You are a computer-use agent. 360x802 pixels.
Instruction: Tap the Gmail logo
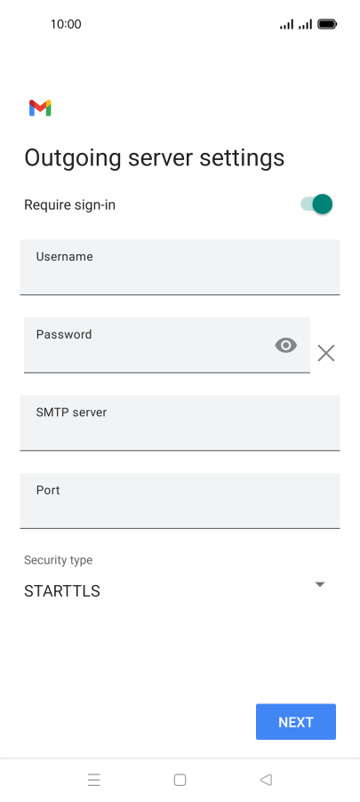click(x=40, y=108)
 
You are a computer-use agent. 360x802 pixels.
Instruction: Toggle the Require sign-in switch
click(x=316, y=205)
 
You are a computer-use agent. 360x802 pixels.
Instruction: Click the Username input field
click(x=180, y=267)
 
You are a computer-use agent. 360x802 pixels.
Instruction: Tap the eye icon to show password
click(x=286, y=346)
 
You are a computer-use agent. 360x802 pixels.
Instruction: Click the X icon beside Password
click(x=325, y=353)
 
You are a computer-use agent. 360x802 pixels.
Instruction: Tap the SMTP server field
click(x=180, y=423)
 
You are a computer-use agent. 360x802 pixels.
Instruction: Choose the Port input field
click(x=180, y=501)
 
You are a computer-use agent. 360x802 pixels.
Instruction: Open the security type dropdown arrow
click(x=320, y=584)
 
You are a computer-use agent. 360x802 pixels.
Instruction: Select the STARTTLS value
click(x=62, y=591)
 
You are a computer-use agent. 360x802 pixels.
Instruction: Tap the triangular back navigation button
click(x=266, y=780)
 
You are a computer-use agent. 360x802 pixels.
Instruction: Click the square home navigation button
click(x=180, y=780)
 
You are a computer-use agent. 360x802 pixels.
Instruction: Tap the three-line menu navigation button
click(x=94, y=780)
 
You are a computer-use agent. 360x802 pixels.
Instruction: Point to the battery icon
click(x=327, y=24)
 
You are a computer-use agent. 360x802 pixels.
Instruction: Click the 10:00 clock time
click(x=66, y=24)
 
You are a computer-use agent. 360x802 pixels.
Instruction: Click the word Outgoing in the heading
click(x=73, y=158)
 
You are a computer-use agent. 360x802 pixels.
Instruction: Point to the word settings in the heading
click(x=242, y=158)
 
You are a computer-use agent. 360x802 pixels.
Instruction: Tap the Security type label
click(x=59, y=560)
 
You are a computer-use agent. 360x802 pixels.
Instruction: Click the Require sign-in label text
click(x=69, y=205)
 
